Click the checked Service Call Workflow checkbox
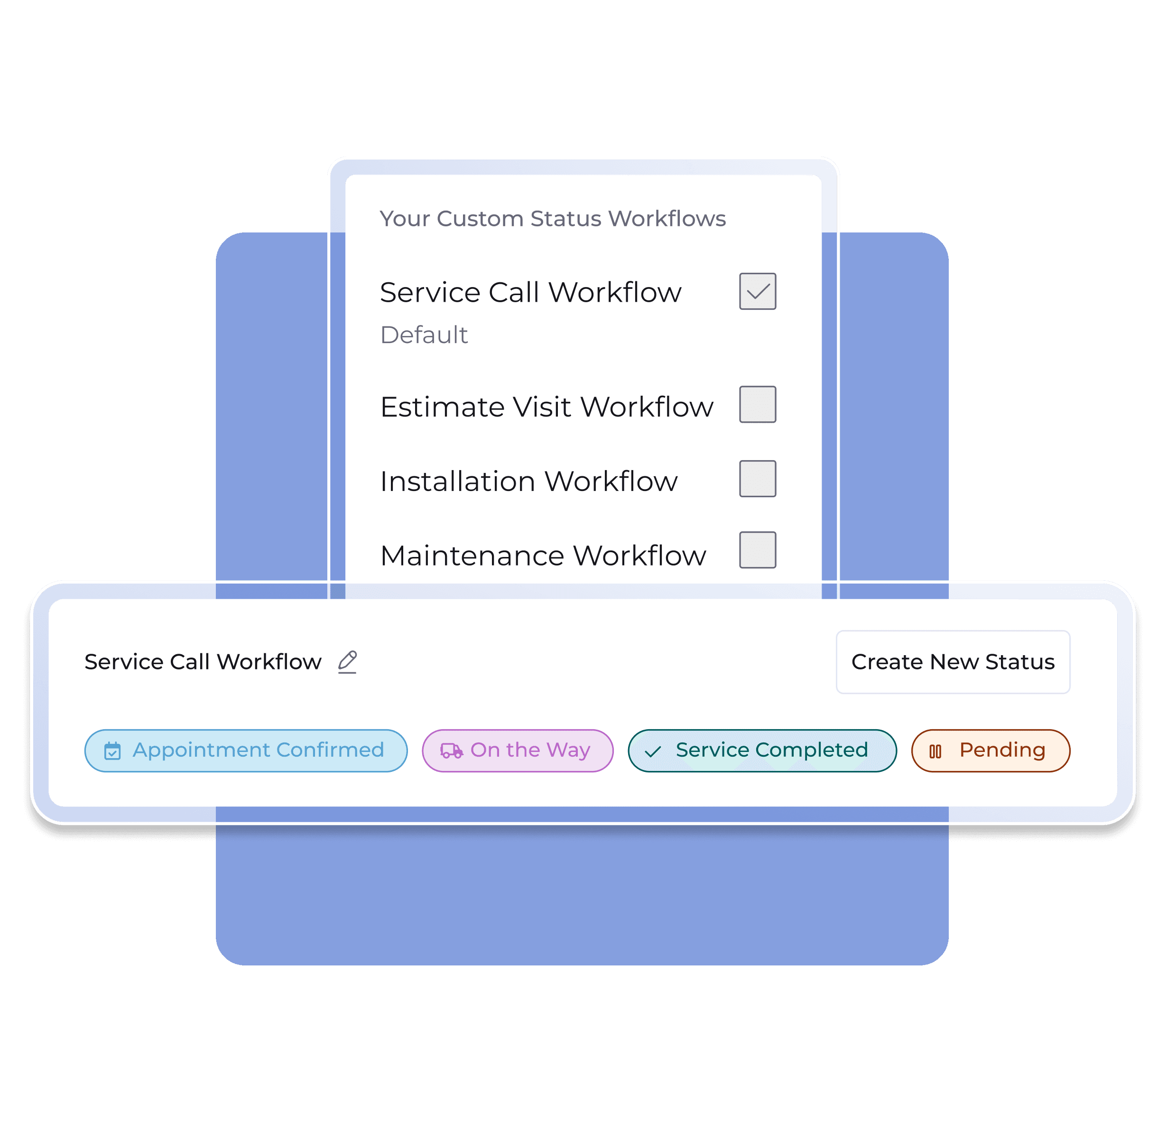pos(757,291)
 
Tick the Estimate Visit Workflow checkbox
pos(757,404)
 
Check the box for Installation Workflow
pos(757,478)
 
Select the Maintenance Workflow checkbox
pos(757,550)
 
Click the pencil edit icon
pos(347,662)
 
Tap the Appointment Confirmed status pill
pos(246,751)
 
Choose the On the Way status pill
pos(518,751)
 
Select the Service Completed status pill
pos(762,751)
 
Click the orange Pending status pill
pos(991,751)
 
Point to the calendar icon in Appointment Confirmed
pos(112,751)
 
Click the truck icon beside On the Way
pos(451,751)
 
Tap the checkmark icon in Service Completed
pos(653,751)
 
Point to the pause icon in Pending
pos(935,751)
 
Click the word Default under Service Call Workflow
pos(424,334)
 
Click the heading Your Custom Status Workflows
pos(553,219)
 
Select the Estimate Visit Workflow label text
pos(546,407)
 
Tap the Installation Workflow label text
pos(529,481)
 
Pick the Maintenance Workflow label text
pos(543,555)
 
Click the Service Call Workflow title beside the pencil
pos(203,662)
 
